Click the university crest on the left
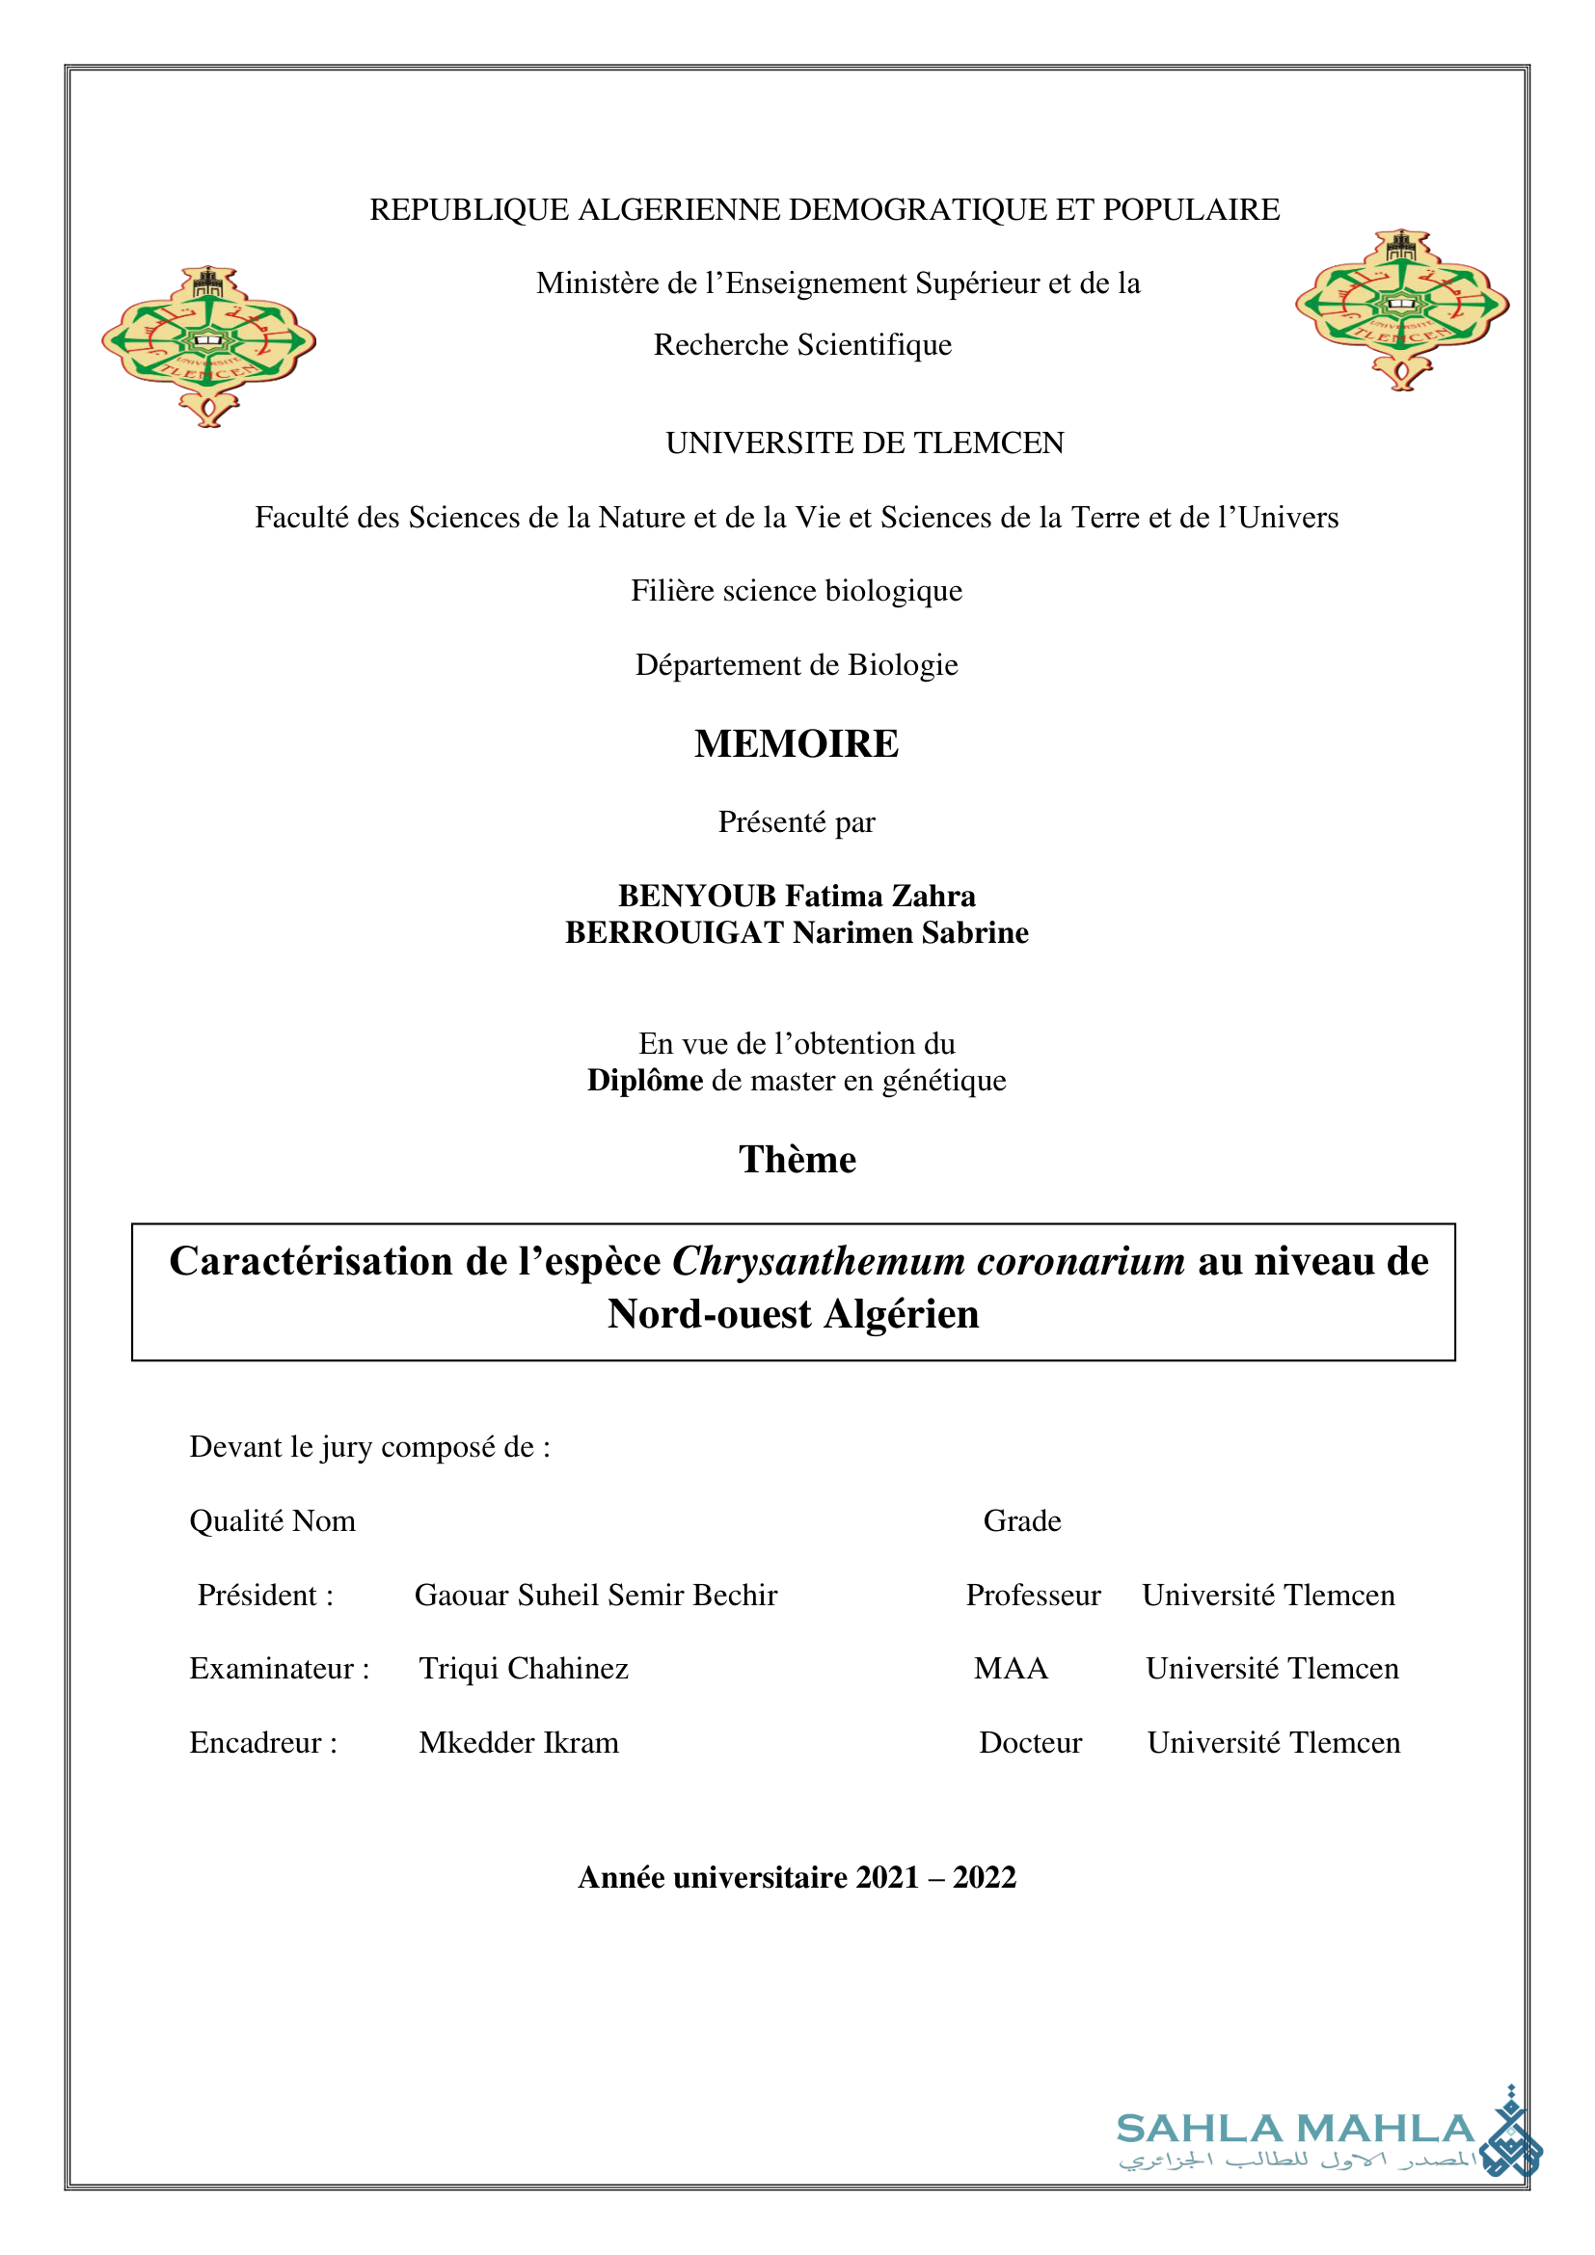(x=208, y=345)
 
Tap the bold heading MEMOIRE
(x=797, y=744)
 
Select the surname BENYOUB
(x=696, y=896)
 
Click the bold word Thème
(x=797, y=1160)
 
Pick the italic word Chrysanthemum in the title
(x=818, y=1262)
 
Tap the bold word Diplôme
(x=644, y=1081)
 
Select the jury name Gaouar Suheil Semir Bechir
(x=595, y=1595)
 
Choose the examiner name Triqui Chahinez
(x=524, y=1669)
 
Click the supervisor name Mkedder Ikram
(x=519, y=1742)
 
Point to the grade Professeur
(x=1033, y=1595)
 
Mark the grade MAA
(x=1011, y=1669)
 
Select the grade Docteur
(x=1030, y=1742)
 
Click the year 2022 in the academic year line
(x=985, y=1878)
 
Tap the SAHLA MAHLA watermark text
(x=1295, y=2130)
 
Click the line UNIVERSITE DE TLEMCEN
(x=864, y=443)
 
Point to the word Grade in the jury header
(x=1022, y=1521)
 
